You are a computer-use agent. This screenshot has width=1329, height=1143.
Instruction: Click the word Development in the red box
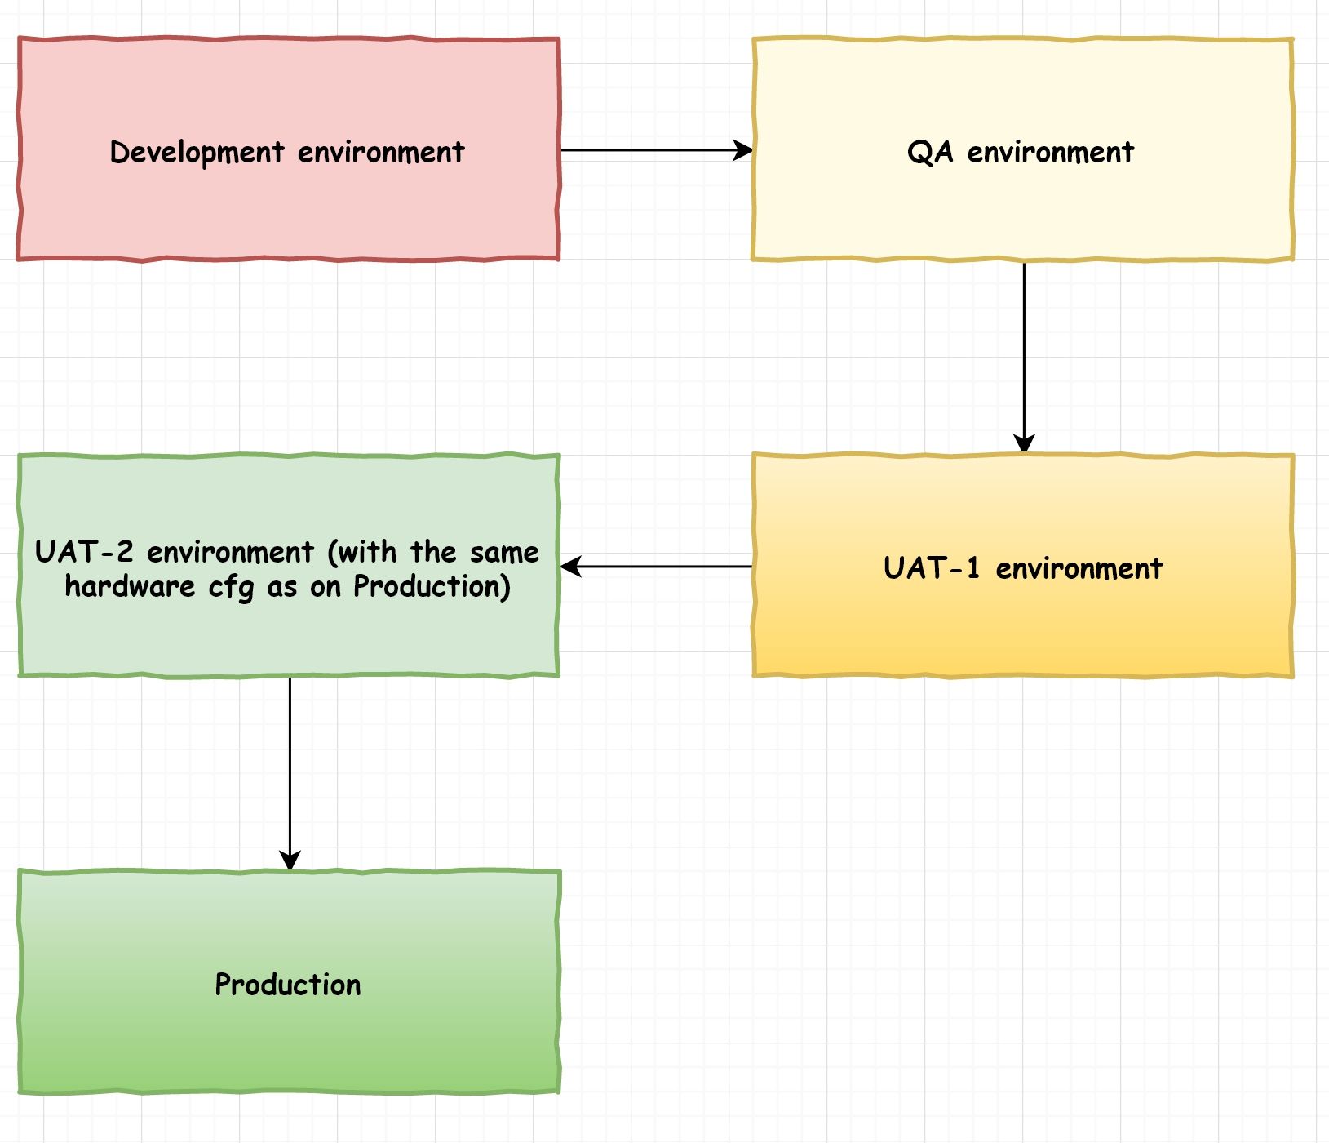pos(197,153)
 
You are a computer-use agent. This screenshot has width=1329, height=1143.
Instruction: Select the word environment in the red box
pos(381,153)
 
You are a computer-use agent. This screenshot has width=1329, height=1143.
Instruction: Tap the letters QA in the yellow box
pos(930,153)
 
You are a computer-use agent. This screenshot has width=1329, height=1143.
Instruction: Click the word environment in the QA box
pos(1051,153)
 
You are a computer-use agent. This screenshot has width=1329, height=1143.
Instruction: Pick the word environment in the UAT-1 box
pos(1079,568)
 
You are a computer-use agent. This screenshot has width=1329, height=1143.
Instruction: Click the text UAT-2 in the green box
pos(83,552)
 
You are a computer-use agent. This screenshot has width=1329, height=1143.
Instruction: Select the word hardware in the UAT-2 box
pos(130,586)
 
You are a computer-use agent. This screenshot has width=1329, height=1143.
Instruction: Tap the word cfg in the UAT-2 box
pos(231,587)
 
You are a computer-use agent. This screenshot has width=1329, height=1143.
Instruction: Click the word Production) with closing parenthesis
pos(432,586)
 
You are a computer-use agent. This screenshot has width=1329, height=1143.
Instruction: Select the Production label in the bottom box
pos(287,985)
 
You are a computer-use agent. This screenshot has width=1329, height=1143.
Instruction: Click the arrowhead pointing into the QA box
pos(743,150)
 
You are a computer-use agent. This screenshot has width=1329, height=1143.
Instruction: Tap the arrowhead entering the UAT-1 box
pos(1024,443)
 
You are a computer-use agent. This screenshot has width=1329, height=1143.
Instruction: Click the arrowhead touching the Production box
pos(290,860)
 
